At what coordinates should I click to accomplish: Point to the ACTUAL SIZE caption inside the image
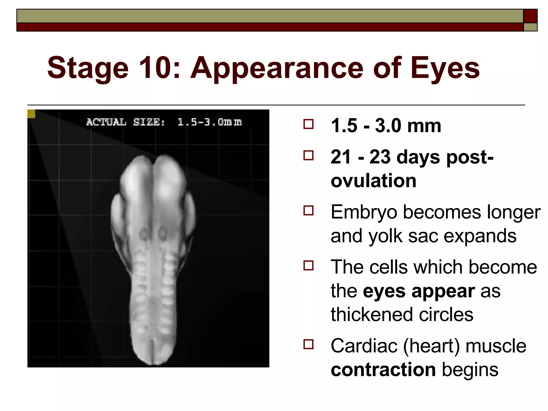164,122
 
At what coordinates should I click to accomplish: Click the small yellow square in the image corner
31,114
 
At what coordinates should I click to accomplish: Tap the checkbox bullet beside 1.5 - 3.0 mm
309,124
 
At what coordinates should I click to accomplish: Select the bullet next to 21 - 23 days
309,155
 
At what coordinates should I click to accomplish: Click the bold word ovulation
373,181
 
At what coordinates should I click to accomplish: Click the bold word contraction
383,370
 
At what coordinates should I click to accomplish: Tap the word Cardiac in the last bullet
364,346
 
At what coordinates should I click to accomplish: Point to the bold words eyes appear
419,291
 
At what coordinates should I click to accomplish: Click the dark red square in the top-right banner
530,16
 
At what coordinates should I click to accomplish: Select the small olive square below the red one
530,27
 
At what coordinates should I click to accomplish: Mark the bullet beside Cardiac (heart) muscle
309,344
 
